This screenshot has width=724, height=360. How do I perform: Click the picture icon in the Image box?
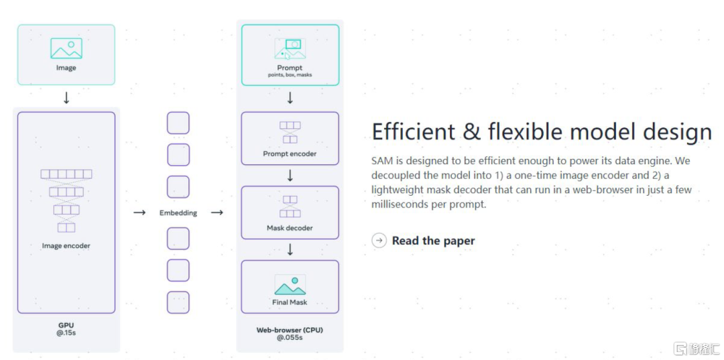[66, 48]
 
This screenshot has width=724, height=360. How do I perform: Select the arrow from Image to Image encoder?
[66, 98]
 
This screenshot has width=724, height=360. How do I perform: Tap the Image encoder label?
[66, 246]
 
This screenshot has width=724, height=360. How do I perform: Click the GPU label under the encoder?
[66, 324]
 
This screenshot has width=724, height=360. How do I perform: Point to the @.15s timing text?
[66, 333]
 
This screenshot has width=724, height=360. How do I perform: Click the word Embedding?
[178, 213]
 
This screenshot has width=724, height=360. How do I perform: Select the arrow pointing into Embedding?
[139, 213]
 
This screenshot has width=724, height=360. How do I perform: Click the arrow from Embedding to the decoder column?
[217, 213]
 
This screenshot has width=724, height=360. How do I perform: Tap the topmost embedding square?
[178, 123]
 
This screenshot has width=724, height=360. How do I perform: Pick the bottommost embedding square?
[178, 302]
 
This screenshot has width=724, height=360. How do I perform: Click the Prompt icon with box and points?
[290, 49]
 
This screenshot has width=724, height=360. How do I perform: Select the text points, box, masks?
[290, 75]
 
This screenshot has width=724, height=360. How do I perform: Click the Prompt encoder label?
[290, 154]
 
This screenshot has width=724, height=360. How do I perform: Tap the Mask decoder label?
[290, 228]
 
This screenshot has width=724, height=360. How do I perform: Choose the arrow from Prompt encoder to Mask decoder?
[290, 176]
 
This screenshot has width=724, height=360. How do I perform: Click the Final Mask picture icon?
[290, 285]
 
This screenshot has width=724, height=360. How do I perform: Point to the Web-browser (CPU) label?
[290, 330]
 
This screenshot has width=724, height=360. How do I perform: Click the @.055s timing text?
[290, 338]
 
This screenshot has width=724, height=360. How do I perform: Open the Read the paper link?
[433, 241]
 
